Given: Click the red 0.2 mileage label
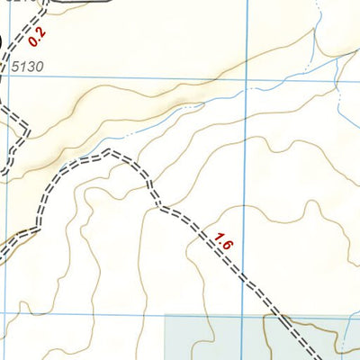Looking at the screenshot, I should click(x=36, y=36).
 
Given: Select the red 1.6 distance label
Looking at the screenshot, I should click(x=224, y=240).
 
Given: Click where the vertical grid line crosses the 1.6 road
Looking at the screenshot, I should click(x=247, y=278).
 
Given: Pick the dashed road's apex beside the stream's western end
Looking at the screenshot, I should click(x=112, y=153).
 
